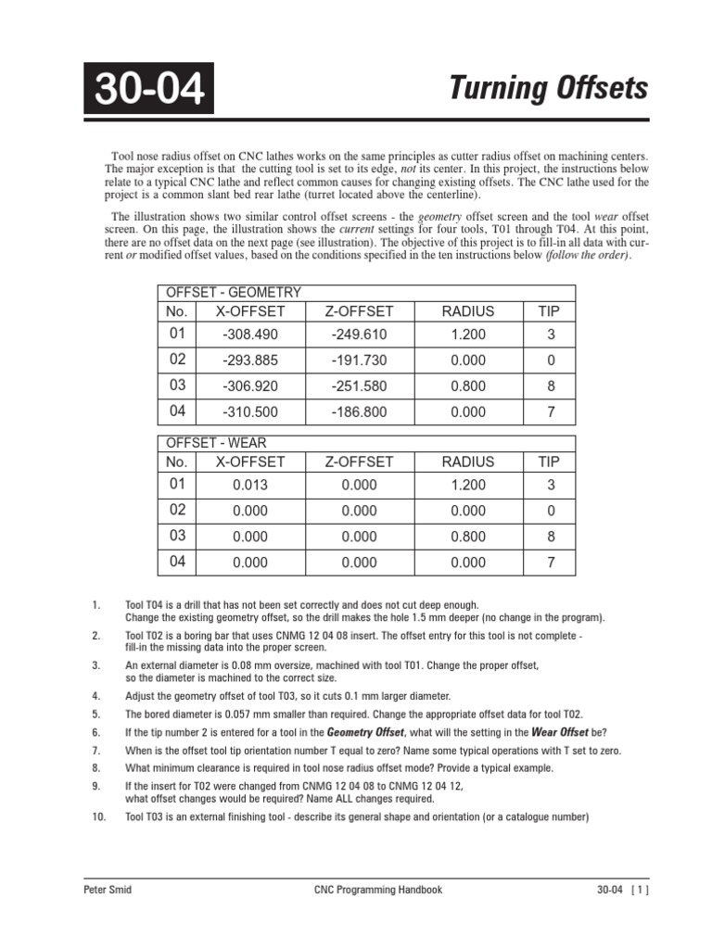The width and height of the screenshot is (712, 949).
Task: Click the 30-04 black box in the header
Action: coord(148,89)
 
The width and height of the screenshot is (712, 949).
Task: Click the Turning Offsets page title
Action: coord(549,89)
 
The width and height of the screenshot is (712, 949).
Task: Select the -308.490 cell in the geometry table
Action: coord(250,335)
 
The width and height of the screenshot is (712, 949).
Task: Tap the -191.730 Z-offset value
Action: coord(359,361)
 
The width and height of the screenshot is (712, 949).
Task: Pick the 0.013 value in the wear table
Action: coord(250,485)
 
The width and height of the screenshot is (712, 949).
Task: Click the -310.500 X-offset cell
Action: coord(250,412)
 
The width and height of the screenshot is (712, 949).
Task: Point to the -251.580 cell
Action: coord(359,386)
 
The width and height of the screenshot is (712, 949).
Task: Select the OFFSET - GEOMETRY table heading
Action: coord(233,291)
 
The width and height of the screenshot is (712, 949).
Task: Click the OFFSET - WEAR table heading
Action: coord(216,443)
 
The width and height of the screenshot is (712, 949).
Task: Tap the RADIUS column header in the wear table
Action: coord(468,462)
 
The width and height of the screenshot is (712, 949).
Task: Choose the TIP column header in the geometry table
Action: coord(549,311)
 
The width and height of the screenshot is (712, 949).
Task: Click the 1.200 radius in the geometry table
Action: coord(468,335)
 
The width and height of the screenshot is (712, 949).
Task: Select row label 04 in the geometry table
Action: coord(177,411)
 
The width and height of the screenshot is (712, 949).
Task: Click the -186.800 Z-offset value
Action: coord(359,412)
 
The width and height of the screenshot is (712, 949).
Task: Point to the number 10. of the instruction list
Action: coord(99,816)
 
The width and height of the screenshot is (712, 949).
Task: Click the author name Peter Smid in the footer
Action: coord(108,890)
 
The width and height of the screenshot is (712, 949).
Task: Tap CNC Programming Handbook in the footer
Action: coord(373,890)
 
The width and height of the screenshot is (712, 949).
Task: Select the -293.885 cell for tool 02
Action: coord(250,361)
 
